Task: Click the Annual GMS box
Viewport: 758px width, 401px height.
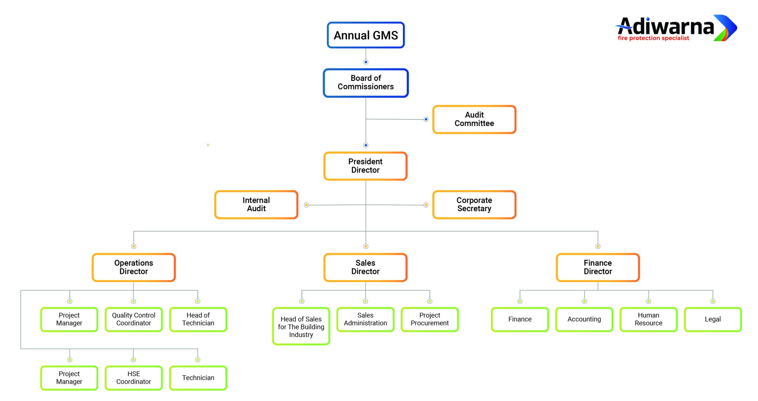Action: (366, 35)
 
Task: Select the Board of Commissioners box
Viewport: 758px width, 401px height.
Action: (366, 83)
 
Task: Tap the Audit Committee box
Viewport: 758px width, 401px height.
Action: (474, 119)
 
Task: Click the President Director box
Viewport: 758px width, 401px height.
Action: (365, 166)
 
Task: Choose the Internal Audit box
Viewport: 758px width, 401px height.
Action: (256, 205)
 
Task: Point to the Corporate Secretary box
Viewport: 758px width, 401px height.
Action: (474, 205)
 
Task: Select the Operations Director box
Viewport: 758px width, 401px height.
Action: (134, 267)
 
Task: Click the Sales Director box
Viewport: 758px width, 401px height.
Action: (365, 267)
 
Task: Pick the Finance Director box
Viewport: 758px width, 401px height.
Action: (598, 267)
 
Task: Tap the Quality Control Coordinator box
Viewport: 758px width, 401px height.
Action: (134, 319)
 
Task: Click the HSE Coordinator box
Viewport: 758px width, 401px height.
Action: (134, 378)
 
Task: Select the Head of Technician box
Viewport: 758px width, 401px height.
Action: (198, 319)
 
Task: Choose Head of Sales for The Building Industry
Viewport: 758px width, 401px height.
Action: (301, 326)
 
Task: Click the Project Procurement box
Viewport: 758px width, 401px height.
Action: (430, 319)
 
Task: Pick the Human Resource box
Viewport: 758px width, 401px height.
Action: (648, 319)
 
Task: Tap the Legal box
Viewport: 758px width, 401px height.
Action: (713, 319)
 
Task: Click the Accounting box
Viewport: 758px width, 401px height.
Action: (584, 319)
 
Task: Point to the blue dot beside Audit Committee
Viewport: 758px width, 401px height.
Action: (426, 119)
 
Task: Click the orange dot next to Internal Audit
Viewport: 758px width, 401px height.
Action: (306, 205)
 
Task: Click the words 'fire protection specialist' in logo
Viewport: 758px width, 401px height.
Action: (653, 38)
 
